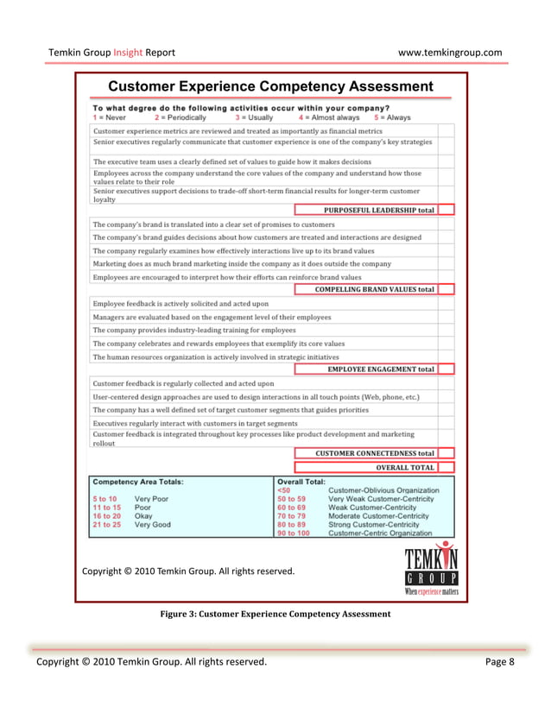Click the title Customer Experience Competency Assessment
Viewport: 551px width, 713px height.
coord(270,86)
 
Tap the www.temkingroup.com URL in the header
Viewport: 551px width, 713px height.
coord(449,53)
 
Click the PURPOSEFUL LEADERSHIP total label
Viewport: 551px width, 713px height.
coord(379,210)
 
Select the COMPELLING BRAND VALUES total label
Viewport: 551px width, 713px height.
coord(374,289)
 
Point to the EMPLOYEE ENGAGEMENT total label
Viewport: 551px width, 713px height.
coord(381,369)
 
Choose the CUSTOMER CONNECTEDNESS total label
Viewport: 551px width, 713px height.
coord(374,453)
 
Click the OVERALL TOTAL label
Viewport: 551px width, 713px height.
coord(404,467)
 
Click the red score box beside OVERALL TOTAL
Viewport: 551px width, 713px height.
coord(446,467)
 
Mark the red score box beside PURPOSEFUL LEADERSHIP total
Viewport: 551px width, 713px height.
coord(446,210)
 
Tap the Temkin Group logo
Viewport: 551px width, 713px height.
coord(431,569)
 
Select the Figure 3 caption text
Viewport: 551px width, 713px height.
coord(275,614)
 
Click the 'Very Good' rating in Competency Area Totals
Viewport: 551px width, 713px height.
coord(152,524)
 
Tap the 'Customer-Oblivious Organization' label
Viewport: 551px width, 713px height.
coord(383,490)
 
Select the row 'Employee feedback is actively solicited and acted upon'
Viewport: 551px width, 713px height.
coord(180,304)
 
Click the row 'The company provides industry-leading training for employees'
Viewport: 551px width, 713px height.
coord(193,330)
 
